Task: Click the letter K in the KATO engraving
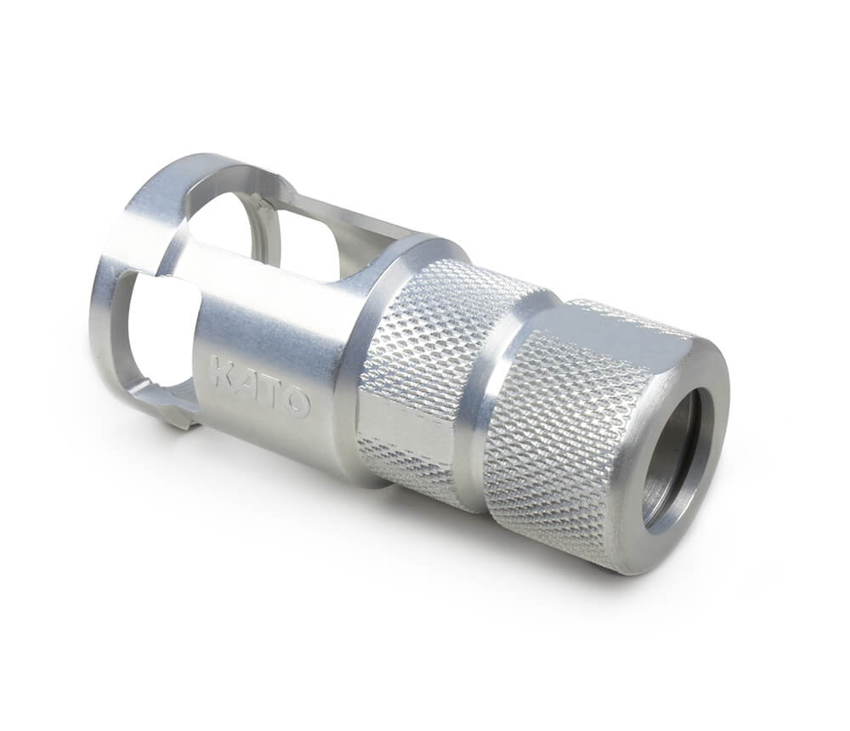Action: (221, 371)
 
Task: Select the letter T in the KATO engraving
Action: (270, 392)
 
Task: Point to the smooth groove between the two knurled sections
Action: (490, 401)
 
